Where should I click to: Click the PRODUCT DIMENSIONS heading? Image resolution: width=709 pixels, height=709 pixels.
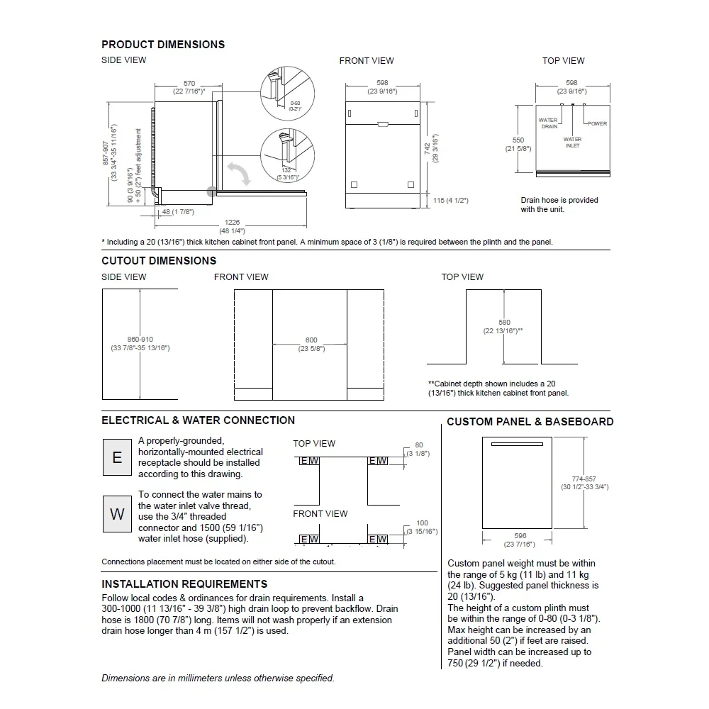[163, 44]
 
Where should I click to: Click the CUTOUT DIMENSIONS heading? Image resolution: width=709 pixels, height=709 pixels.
[159, 261]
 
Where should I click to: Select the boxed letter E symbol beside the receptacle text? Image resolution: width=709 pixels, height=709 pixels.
[117, 457]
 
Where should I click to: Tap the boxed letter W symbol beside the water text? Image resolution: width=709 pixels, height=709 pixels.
[117, 514]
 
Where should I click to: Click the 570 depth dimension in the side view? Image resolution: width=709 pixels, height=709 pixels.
[189, 84]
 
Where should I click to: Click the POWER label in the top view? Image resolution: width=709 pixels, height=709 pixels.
[597, 124]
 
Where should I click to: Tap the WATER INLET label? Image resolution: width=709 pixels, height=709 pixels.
[572, 143]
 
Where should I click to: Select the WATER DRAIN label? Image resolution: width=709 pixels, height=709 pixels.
[549, 123]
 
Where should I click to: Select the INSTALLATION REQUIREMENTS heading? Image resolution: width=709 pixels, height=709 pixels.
[184, 584]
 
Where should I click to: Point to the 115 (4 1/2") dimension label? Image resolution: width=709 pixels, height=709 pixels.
[451, 201]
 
